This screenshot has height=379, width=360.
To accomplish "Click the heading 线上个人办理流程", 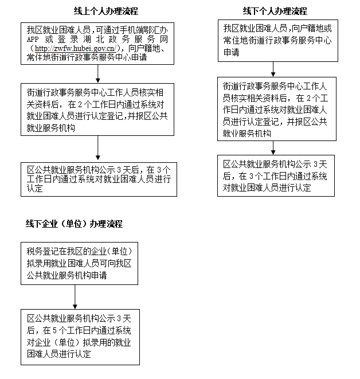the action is click(x=106, y=11).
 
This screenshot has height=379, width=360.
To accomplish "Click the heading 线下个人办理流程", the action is click(x=275, y=11).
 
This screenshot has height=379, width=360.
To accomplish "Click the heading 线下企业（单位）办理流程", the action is click(x=74, y=224).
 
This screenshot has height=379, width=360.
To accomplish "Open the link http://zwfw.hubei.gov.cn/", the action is click(x=76, y=48).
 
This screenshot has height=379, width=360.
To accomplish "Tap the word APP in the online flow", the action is click(x=33, y=40).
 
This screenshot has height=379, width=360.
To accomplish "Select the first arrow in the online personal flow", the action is click(x=98, y=74).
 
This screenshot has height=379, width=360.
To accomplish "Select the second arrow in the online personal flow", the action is click(x=98, y=147).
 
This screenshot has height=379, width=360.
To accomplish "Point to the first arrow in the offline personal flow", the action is click(x=273, y=69).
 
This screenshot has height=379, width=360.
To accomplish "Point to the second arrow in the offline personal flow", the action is click(x=273, y=148).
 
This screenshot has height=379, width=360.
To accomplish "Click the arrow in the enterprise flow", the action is click(x=75, y=297).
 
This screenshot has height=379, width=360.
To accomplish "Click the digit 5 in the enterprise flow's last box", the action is click(x=54, y=330).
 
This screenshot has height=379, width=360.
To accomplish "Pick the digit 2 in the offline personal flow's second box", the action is click(x=309, y=98).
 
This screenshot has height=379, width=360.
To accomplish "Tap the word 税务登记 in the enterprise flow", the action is click(x=42, y=251).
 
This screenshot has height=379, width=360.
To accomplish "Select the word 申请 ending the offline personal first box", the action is click(x=231, y=52).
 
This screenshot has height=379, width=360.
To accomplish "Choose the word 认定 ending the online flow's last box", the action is click(x=35, y=188).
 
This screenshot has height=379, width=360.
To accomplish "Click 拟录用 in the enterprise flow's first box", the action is click(x=38, y=263).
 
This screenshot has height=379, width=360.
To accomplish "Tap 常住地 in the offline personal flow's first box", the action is click(x=236, y=40).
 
